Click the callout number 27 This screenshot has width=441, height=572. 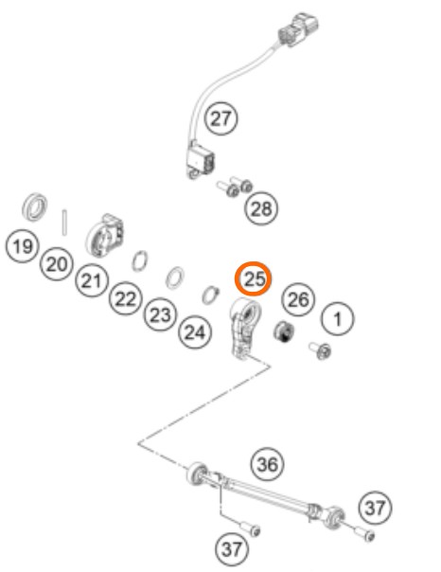(x=220, y=118)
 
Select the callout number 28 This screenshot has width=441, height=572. (x=261, y=208)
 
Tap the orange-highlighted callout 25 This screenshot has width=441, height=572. (x=253, y=278)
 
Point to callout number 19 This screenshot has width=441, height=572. (x=22, y=246)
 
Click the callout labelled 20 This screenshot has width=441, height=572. (x=57, y=263)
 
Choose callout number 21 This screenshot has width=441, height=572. (x=92, y=280)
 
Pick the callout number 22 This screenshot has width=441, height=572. (x=125, y=298)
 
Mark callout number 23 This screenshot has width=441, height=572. (x=160, y=314)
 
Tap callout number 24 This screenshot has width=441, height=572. (x=195, y=332)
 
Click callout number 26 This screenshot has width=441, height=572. (x=298, y=299)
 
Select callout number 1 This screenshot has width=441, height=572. (x=338, y=319)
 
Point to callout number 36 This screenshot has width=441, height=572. (x=268, y=464)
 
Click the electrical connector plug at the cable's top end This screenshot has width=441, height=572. (x=298, y=29)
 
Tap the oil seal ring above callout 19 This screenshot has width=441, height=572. (x=35, y=206)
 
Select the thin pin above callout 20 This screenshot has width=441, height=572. (x=64, y=223)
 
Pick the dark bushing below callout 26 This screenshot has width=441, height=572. (x=284, y=332)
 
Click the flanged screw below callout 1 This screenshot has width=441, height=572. (x=321, y=350)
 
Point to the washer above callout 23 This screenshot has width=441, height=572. (x=175, y=278)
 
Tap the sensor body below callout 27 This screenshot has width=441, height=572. (x=200, y=160)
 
